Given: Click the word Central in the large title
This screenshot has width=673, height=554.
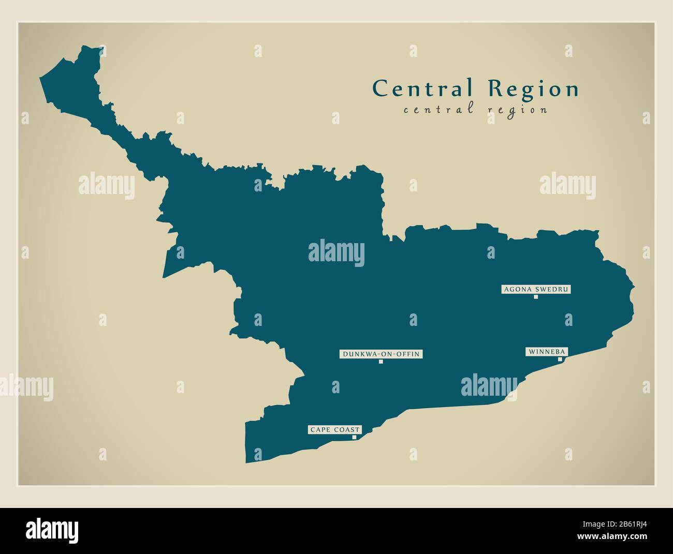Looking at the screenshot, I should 422,88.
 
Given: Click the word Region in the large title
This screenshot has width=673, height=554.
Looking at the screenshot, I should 533,89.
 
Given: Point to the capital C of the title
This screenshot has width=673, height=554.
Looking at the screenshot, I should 380,88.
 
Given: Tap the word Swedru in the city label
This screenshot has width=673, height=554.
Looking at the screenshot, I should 552,290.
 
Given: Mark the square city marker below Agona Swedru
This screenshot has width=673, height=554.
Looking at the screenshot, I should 536,297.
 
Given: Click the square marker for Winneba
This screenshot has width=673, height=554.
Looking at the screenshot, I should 560,359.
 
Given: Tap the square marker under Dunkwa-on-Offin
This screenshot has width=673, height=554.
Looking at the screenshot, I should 381,362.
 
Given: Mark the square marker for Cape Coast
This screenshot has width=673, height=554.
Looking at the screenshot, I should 354,437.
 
